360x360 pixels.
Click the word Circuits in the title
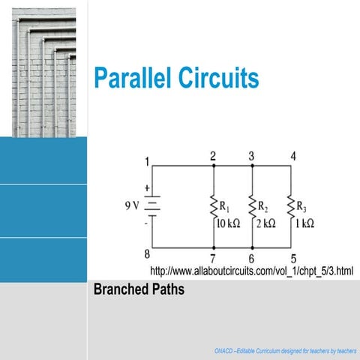point(220,77)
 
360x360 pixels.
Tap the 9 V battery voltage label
point(133,204)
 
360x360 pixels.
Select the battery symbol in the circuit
point(152,205)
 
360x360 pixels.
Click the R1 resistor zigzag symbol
point(214,206)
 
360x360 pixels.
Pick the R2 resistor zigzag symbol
point(252,206)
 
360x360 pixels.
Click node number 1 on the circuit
point(148,160)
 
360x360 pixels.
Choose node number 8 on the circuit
point(148,253)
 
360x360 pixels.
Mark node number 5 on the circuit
point(293,257)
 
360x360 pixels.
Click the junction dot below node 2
point(214,166)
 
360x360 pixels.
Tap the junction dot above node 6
point(252,247)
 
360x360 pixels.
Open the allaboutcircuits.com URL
point(251,270)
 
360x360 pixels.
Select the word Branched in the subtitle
point(121,289)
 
